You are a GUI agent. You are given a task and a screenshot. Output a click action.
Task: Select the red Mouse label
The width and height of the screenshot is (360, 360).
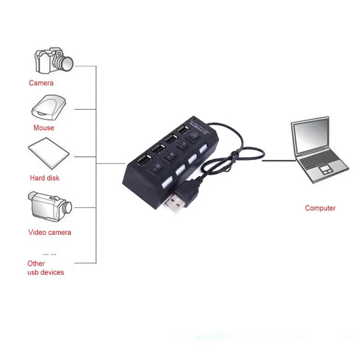click(x=44, y=128)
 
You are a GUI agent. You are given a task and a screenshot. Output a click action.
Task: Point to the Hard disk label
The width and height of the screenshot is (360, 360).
click(x=45, y=178)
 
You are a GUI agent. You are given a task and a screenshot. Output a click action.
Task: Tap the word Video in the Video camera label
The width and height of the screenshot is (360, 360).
click(x=37, y=233)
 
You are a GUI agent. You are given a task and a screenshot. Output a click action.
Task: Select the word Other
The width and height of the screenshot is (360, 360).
click(x=36, y=264)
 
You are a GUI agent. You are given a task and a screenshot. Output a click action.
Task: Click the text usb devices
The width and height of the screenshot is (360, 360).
click(x=46, y=272)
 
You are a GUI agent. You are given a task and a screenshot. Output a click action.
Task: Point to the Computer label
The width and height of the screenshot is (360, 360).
click(x=320, y=208)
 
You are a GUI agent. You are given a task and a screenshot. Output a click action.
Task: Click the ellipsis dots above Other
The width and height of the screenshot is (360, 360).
click(x=49, y=254)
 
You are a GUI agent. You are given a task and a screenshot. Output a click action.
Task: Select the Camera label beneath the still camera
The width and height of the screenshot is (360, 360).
click(x=41, y=83)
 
